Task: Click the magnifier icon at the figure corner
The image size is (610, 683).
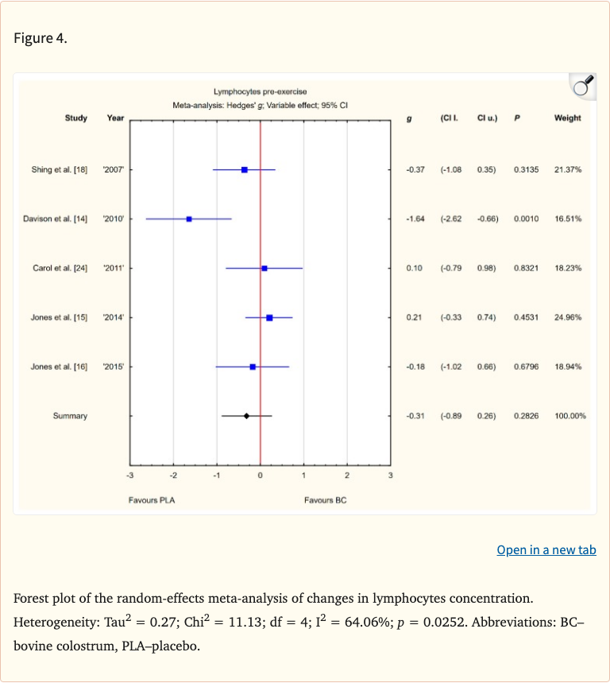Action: [583, 86]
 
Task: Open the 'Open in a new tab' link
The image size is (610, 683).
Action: [546, 550]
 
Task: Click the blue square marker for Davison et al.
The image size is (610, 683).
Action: [189, 219]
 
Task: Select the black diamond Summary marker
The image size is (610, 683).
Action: [246, 416]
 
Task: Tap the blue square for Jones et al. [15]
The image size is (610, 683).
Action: [269, 317]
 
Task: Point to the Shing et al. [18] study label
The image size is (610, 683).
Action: [59, 170]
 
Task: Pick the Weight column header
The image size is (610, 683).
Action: [567, 118]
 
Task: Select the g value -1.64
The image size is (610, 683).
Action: [414, 219]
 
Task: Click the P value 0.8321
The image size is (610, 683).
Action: [526, 269]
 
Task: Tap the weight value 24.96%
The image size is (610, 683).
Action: [568, 318]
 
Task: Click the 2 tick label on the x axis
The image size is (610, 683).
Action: [347, 475]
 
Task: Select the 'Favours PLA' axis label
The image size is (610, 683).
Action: [151, 500]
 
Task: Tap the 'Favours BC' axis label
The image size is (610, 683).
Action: [325, 500]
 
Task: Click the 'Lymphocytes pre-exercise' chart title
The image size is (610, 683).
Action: [260, 92]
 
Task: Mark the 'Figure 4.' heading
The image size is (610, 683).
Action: [41, 39]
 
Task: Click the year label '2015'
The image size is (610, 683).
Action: [114, 367]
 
